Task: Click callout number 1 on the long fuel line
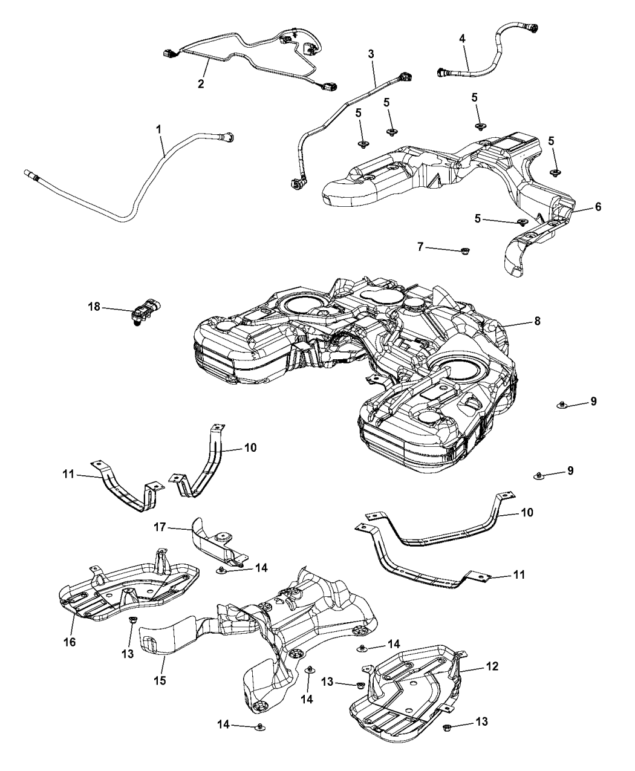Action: pos(159,129)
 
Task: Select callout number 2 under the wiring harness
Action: pos(201,84)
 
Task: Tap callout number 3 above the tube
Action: pos(371,54)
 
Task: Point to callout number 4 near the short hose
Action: pos(462,38)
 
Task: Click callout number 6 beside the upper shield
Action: pos(598,207)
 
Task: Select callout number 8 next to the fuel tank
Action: pos(537,321)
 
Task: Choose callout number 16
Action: pos(70,642)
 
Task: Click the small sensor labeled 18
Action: pos(143,313)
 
